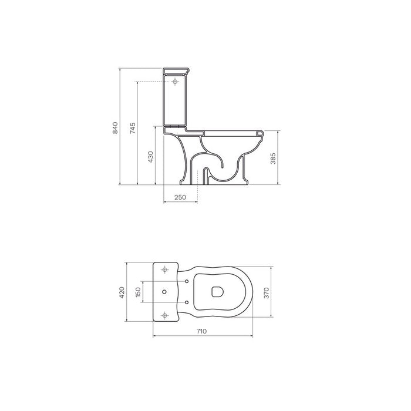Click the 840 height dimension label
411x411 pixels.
115,128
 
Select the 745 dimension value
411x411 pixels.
133,128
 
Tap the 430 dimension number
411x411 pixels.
150,157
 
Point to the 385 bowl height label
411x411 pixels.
273,159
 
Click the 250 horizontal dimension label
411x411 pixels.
180,197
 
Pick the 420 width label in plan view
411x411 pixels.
122,292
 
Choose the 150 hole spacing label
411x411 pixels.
138,292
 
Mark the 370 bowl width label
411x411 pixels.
267,293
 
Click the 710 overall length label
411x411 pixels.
201,331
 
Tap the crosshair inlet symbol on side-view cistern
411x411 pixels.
175,82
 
